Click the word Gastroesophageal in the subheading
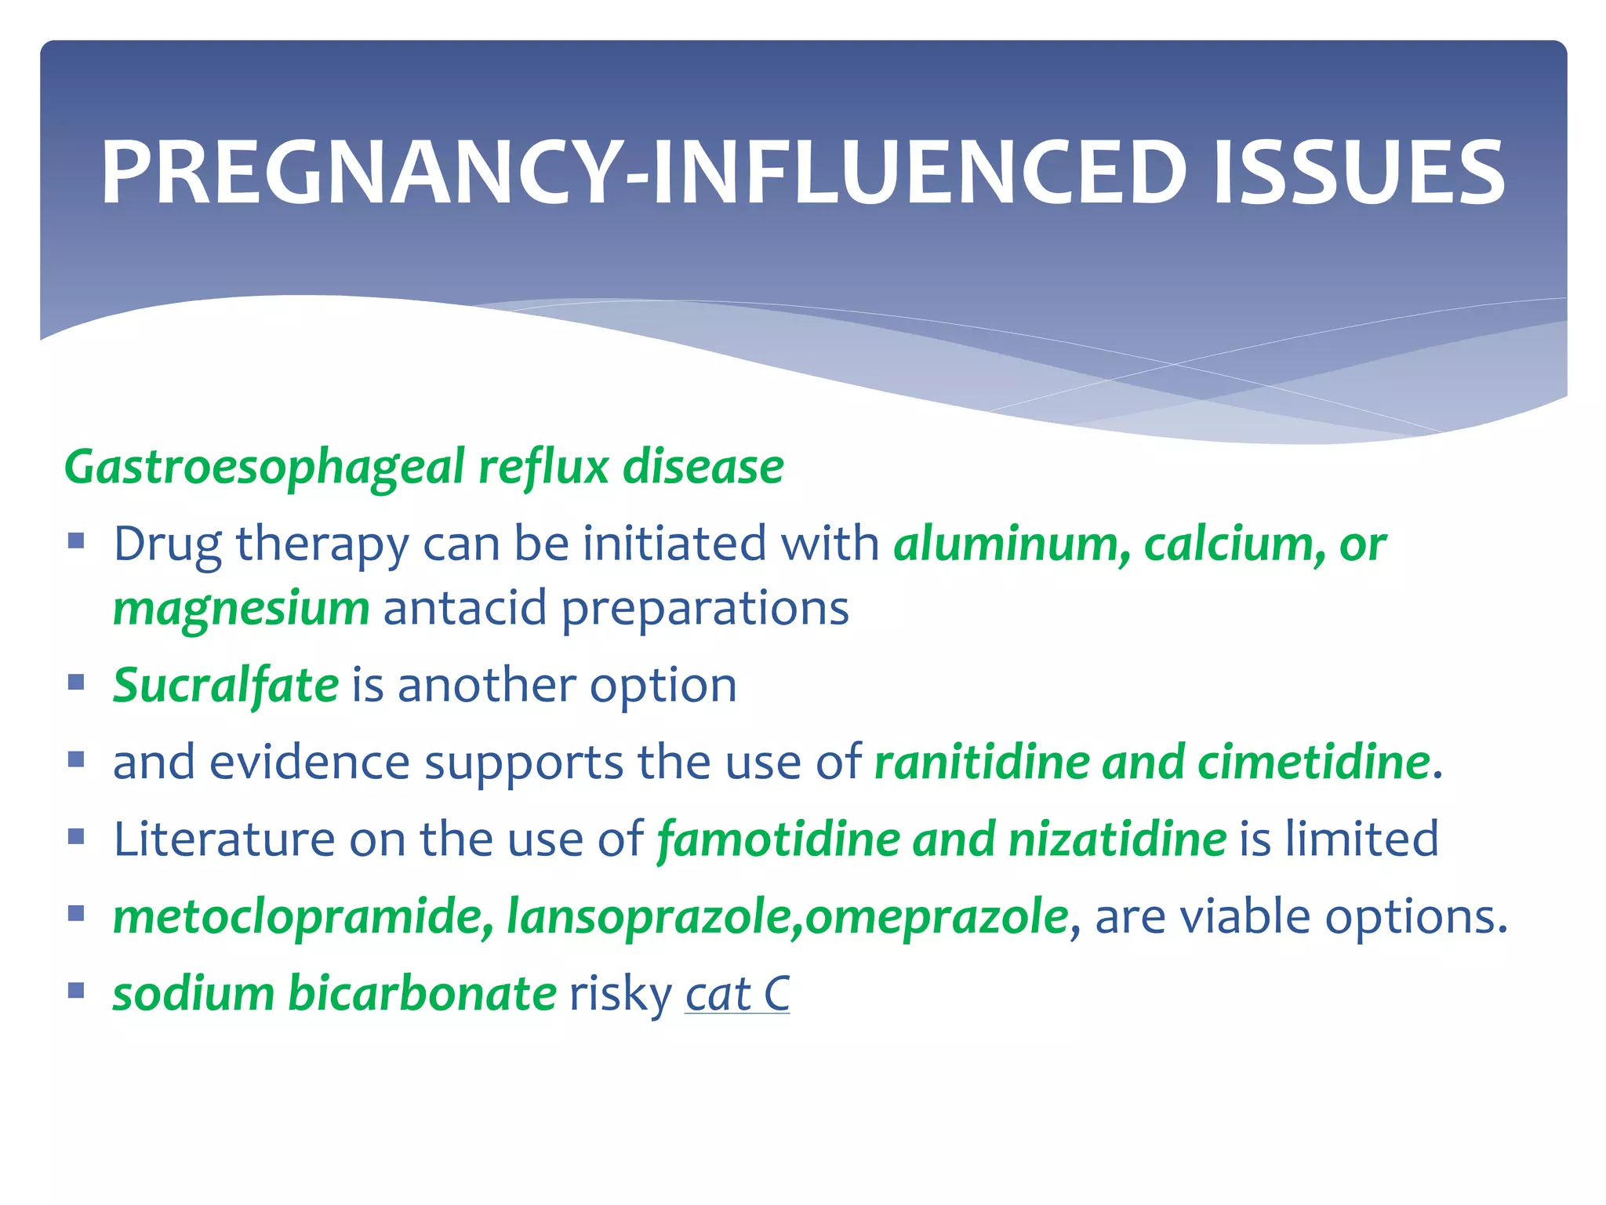[264, 468]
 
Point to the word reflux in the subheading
[543, 467]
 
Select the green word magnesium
[241, 609]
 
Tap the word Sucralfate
[226, 686]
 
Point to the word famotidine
[778, 839]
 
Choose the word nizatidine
[1117, 839]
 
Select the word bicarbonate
[423, 993]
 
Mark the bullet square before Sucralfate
[76, 682]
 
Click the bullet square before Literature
[76, 836]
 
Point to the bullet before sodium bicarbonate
[76, 990]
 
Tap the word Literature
[224, 839]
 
